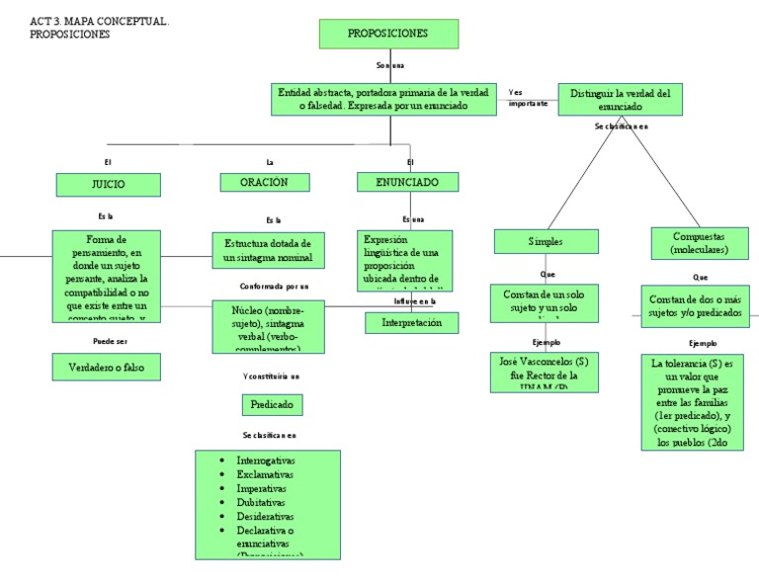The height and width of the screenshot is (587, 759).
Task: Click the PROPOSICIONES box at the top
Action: coord(386,34)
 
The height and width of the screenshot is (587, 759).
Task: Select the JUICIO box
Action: coord(106,183)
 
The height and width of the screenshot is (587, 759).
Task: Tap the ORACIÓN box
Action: coord(264,182)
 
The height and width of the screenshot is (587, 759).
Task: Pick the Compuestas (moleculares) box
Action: coord(704,243)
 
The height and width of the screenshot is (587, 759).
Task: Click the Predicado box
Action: coord(271,405)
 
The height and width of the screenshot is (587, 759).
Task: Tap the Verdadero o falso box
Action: coord(106,367)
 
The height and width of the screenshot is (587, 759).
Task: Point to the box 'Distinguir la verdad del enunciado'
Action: coord(620,99)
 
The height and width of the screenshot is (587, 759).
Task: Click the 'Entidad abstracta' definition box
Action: coord(382,98)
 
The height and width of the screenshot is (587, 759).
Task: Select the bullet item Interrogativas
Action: coord(266,461)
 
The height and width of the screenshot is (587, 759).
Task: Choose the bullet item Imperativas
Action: coord(262,489)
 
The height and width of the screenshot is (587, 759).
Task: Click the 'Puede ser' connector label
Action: coord(110,340)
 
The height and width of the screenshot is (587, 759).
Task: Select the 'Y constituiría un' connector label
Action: coord(271,377)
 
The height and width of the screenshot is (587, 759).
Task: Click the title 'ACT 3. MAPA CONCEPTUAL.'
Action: coord(100,21)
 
